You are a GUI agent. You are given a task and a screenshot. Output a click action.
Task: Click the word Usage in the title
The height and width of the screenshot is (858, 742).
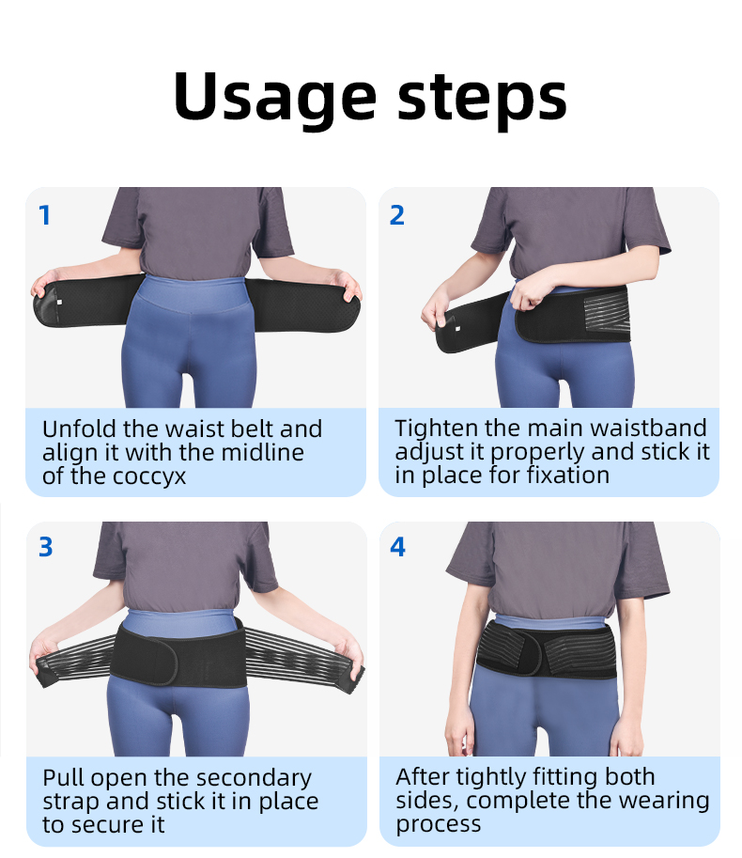(275, 99)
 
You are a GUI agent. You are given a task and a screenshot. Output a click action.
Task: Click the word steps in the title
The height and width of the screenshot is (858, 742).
(482, 99)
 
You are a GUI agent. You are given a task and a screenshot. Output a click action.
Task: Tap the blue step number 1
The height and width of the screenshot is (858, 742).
(45, 215)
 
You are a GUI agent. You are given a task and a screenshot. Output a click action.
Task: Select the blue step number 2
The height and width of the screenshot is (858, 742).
(397, 215)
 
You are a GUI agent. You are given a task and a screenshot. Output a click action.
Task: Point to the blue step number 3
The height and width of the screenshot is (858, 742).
(46, 547)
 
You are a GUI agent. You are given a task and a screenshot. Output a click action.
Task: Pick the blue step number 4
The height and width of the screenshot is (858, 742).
(397, 547)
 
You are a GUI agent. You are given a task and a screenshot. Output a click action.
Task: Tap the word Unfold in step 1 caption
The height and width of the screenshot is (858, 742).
(79, 429)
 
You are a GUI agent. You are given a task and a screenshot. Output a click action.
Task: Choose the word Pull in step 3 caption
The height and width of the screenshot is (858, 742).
(59, 777)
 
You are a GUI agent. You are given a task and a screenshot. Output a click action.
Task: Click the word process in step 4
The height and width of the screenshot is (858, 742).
(438, 824)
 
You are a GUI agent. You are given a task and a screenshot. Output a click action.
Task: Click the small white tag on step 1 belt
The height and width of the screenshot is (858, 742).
(59, 302)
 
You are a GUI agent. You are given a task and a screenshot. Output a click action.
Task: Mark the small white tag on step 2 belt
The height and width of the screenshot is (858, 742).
(457, 329)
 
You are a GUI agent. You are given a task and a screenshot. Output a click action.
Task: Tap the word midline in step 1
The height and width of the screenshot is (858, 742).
(264, 453)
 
